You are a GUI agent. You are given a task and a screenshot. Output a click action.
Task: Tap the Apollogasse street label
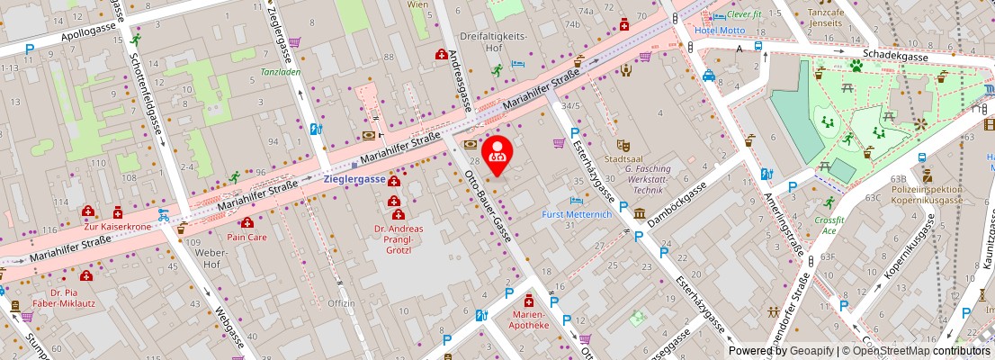point(90,37)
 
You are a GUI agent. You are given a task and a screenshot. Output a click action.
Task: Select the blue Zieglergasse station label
point(354,179)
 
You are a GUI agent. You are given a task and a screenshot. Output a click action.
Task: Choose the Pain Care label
point(246,237)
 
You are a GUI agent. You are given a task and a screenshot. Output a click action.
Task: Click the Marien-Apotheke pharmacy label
point(530,319)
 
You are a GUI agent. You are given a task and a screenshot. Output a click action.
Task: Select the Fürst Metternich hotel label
point(577,215)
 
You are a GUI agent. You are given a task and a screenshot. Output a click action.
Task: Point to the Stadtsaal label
point(624,158)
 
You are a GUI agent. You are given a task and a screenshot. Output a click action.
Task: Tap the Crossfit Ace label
point(828,225)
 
